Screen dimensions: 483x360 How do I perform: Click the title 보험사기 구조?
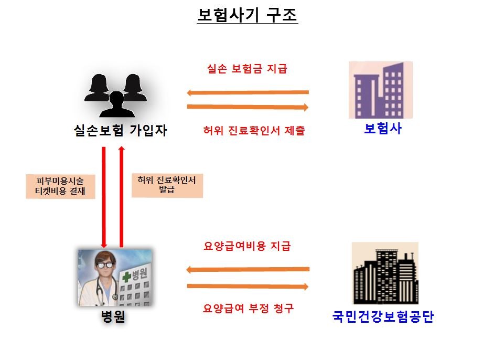247,15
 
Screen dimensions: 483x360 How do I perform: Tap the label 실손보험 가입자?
121,130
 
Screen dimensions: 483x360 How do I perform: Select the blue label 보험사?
382,128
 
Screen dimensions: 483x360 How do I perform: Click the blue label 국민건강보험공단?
383,317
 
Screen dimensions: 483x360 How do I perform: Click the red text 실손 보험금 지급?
247,69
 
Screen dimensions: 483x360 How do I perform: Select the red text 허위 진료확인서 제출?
254,131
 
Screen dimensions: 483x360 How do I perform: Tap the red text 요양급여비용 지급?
246,246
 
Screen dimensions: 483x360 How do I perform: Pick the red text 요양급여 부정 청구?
248,308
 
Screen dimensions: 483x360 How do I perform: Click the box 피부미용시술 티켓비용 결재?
61,186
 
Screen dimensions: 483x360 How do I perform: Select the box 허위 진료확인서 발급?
167,185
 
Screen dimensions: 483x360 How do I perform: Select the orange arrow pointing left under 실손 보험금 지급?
248,93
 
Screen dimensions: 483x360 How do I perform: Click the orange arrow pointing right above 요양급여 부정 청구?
248,286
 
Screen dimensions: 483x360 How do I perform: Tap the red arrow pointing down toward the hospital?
104,197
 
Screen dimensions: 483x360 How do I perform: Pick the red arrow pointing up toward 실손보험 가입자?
122,197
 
